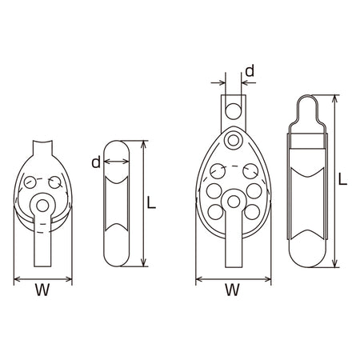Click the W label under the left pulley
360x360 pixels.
(x=42, y=290)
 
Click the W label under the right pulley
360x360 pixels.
(x=233, y=290)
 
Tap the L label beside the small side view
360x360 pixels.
(x=151, y=203)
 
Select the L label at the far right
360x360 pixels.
(x=342, y=179)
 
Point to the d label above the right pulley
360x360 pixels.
(x=250, y=71)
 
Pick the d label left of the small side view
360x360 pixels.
(x=96, y=162)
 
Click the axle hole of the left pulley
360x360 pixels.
(x=42, y=206)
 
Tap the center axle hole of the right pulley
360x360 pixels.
(x=234, y=202)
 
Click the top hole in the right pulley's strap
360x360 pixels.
(x=234, y=110)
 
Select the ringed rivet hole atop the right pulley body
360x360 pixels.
(x=234, y=140)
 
